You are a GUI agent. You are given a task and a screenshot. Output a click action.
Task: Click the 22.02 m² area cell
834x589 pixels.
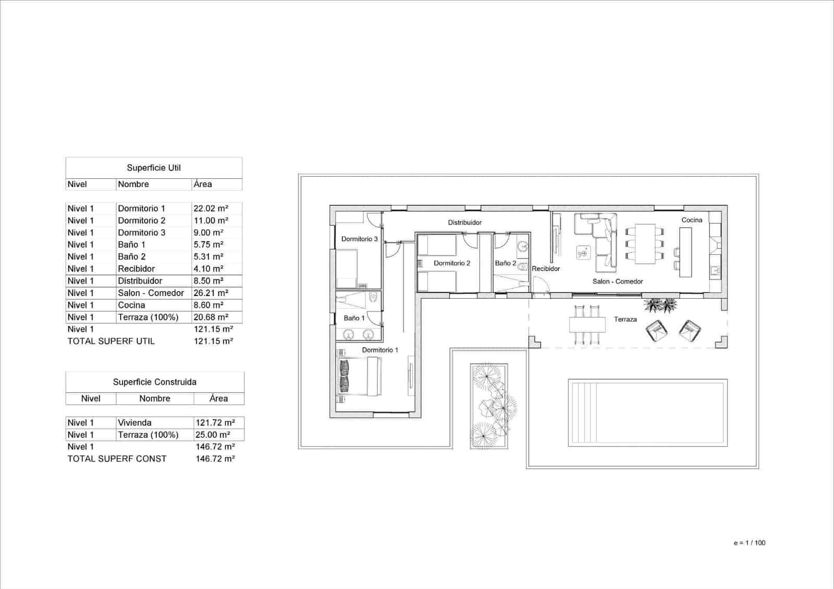point(211,208)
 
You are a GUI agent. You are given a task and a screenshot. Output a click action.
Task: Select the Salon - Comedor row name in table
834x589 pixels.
point(151,293)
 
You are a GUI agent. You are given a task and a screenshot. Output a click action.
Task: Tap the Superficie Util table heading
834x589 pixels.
point(154,168)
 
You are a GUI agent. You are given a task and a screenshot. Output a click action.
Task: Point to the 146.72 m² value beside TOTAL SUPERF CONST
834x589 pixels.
point(215,459)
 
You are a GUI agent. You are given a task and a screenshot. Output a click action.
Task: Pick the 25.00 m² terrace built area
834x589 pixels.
point(215,435)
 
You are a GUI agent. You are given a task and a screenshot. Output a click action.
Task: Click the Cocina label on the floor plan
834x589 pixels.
point(692,220)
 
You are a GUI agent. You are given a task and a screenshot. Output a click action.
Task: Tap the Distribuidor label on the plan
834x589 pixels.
point(464,223)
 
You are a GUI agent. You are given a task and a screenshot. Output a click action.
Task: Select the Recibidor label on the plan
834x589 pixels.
point(546,269)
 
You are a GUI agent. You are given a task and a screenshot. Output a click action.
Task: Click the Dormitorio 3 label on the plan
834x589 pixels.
point(359,239)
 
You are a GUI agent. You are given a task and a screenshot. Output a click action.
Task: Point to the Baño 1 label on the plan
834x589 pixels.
point(354,318)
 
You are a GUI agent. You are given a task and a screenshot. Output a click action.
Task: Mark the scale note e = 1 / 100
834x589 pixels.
point(749,543)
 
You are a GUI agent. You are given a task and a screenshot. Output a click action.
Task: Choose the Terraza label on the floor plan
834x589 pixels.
point(625,320)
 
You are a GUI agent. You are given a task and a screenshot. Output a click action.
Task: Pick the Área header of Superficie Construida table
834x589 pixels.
point(218,399)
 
